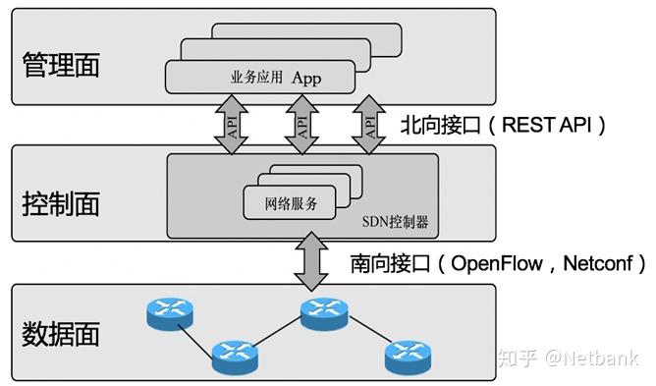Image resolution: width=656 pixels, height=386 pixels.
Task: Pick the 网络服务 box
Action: tap(290, 204)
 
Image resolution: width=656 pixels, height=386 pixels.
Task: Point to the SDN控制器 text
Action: tap(395, 222)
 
